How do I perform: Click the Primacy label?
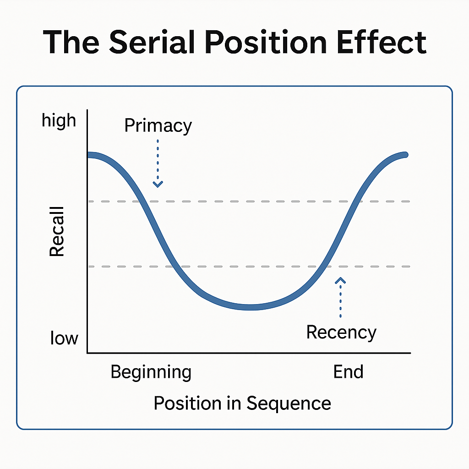(158, 125)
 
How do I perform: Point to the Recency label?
(341, 332)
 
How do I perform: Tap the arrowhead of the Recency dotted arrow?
(340, 280)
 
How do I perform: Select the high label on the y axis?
(59, 121)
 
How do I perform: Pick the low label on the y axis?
(64, 339)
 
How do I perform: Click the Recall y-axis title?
(57, 231)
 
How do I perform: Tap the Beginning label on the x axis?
(151, 372)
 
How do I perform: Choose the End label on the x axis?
(348, 372)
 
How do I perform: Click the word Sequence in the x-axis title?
(289, 403)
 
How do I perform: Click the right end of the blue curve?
(405, 155)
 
